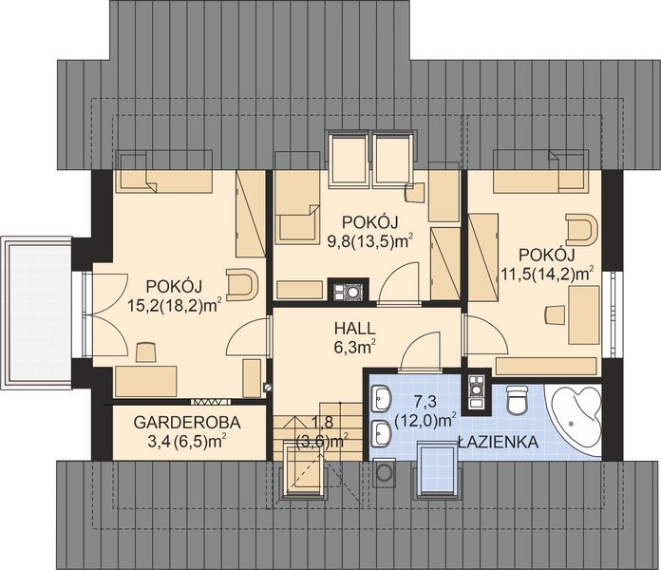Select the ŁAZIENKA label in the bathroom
click(498, 443)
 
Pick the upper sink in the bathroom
click(382, 397)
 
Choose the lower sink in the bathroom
click(382, 432)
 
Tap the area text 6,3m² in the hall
click(352, 348)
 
